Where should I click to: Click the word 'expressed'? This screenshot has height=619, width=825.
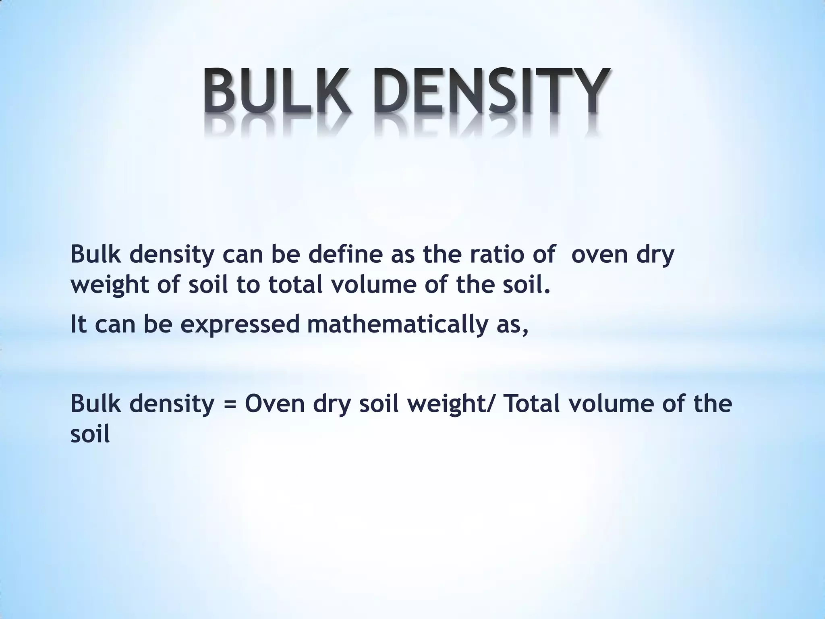(x=240, y=325)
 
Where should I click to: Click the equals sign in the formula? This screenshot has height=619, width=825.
(x=229, y=405)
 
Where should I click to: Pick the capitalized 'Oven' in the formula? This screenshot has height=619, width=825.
(x=274, y=404)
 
